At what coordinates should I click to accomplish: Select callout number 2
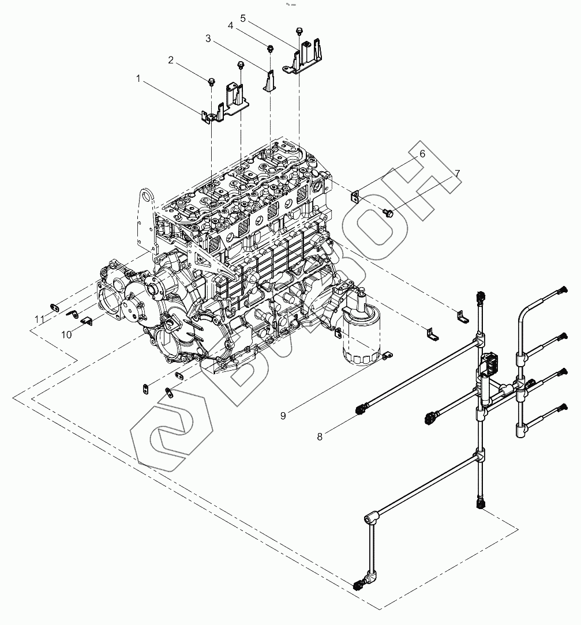pyautogui.click(x=171, y=60)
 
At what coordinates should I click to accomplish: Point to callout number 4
pyautogui.click(x=231, y=26)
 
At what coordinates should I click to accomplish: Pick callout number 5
pyautogui.click(x=243, y=18)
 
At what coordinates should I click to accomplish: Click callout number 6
pyautogui.click(x=422, y=153)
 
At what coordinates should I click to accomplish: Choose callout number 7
pyautogui.click(x=457, y=172)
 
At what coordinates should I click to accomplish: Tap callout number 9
pyautogui.click(x=283, y=416)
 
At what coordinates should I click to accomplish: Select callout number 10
pyautogui.click(x=67, y=334)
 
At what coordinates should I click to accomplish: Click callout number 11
pyautogui.click(x=39, y=319)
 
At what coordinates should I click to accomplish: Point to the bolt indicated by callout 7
pyautogui.click(x=388, y=213)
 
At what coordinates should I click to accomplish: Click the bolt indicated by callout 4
pyautogui.click(x=269, y=47)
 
